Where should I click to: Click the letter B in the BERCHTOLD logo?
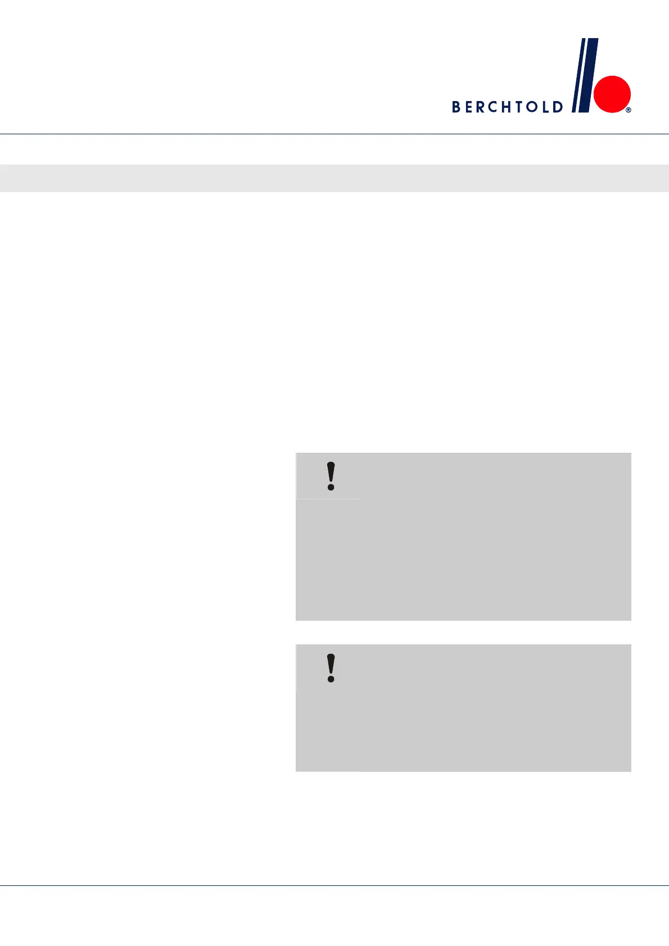[x=456, y=107]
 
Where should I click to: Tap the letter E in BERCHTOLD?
[x=471, y=107]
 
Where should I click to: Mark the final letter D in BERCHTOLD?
[x=558, y=107]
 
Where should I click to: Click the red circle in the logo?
[x=613, y=94]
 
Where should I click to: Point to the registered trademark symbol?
[x=629, y=110]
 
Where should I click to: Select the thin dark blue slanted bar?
[x=577, y=75]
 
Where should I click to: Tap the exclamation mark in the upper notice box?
[x=331, y=476]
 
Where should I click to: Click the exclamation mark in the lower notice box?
[x=331, y=668]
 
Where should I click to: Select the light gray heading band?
[x=334, y=178]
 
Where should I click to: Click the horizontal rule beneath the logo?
[x=334, y=134]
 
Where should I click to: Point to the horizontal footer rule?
[x=334, y=886]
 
